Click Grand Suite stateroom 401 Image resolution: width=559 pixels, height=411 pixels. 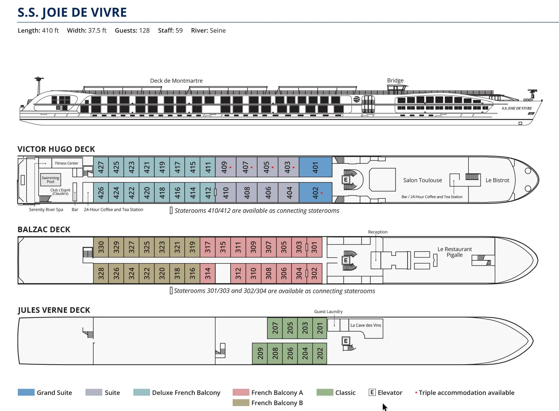tap(316, 167)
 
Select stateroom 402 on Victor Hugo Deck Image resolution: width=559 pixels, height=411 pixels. tap(316, 193)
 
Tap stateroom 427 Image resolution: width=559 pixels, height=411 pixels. tap(101, 167)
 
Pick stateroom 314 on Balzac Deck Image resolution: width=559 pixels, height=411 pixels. tap(208, 273)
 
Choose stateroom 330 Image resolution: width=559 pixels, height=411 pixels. tap(101, 247)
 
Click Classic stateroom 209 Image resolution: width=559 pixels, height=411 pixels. tap(260, 353)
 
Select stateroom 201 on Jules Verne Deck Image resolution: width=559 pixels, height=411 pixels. tap(320, 328)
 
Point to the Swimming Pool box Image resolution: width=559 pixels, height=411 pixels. tap(50, 180)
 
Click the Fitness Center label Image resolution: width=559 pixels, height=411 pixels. tap(66, 163)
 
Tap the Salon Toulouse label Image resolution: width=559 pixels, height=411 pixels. tap(422, 180)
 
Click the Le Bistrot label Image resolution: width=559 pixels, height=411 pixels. tap(497, 180)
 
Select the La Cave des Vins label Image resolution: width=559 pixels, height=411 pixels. tap(365, 325)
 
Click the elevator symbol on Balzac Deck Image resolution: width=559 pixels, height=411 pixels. tap(346, 260)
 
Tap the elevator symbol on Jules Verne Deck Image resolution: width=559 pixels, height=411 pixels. tap(346, 341)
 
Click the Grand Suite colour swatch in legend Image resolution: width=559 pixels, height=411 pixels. tap(26, 392)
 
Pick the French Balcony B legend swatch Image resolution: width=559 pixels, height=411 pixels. tap(241, 402)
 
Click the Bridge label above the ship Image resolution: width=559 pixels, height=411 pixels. tap(395, 80)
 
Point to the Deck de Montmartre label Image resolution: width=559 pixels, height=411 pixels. tap(176, 81)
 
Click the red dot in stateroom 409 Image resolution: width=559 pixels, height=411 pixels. tap(230, 167)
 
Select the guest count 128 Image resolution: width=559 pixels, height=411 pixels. tap(144, 30)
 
